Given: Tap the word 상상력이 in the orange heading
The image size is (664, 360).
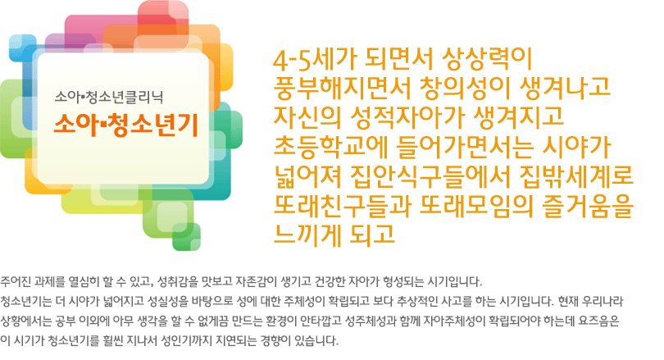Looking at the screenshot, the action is pyautogui.click(x=486, y=60).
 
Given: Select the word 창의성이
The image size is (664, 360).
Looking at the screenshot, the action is pyautogui.click(x=464, y=89).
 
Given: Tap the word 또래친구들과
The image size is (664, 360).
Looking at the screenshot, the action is pyautogui.click(x=342, y=205).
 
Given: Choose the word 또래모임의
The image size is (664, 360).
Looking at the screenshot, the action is pyautogui.click(x=475, y=205).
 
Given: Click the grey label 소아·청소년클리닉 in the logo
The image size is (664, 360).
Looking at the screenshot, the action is pyautogui.click(x=109, y=98).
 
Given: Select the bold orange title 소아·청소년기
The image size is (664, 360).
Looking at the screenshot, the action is pyautogui.click(x=125, y=125).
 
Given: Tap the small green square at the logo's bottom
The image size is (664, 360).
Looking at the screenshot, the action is pyautogui.click(x=186, y=237).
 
